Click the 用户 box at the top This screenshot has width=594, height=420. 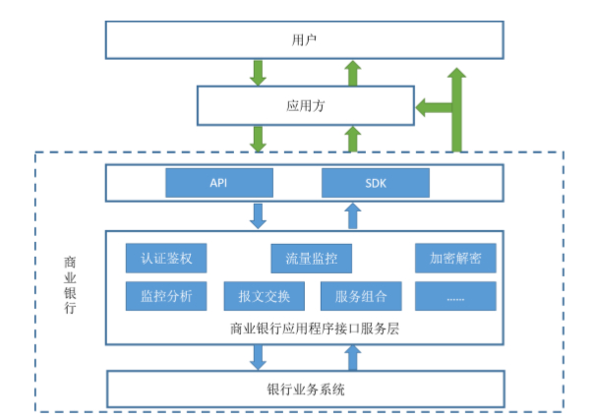[x=304, y=40]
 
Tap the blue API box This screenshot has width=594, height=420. [x=217, y=183]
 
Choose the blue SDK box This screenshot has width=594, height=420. [x=376, y=183]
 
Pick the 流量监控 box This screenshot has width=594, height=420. [x=311, y=259]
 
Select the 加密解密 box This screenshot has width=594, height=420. [x=455, y=259]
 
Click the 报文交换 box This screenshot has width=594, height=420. [x=264, y=295]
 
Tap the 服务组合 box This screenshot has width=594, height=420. [x=360, y=295]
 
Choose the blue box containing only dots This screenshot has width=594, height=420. [x=455, y=295]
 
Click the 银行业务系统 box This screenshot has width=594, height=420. [x=305, y=390]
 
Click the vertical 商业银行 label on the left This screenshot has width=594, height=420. [x=70, y=285]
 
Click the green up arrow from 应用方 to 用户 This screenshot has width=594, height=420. [x=352, y=72]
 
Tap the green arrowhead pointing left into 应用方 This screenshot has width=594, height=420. [x=427, y=107]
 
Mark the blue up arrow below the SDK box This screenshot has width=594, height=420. [x=352, y=215]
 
